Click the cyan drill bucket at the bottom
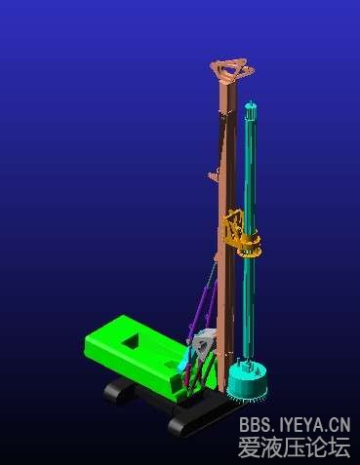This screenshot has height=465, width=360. point(247,380)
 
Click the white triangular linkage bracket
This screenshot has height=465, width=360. point(203,345)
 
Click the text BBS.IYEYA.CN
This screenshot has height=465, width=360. point(295,425)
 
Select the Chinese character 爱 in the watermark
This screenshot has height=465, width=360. point(249,446)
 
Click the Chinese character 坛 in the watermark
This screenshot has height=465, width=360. point(340,446)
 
